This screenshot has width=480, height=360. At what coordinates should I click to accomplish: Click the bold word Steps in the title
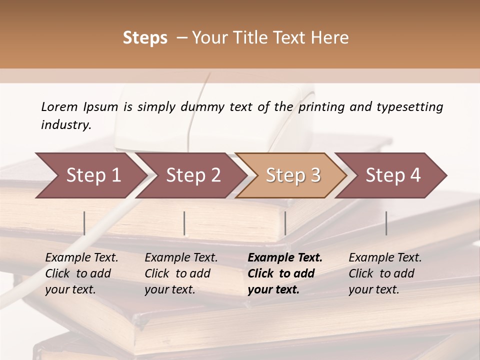(x=145, y=38)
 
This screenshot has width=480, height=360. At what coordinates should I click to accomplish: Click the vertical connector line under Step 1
(x=84, y=223)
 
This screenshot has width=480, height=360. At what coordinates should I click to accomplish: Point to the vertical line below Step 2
(x=184, y=223)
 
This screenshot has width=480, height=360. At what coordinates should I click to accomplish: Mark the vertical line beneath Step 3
(x=285, y=223)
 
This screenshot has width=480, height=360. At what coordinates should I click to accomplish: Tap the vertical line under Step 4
(x=386, y=223)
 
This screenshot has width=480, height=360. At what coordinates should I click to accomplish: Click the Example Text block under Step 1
(x=81, y=273)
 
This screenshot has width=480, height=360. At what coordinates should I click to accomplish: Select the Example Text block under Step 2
(x=181, y=273)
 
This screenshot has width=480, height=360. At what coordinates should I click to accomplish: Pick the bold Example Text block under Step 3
(x=285, y=273)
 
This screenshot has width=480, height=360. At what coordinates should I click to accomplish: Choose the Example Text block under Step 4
(x=385, y=273)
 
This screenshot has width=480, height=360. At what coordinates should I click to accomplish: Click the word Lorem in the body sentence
(x=59, y=106)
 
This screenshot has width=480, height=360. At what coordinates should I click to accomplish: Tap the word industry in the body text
(x=66, y=125)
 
